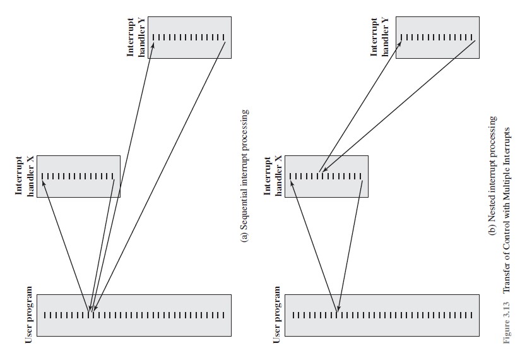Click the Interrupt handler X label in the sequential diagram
25,176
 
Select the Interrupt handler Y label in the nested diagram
380,38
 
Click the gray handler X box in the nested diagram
326,176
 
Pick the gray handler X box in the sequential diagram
78,176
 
